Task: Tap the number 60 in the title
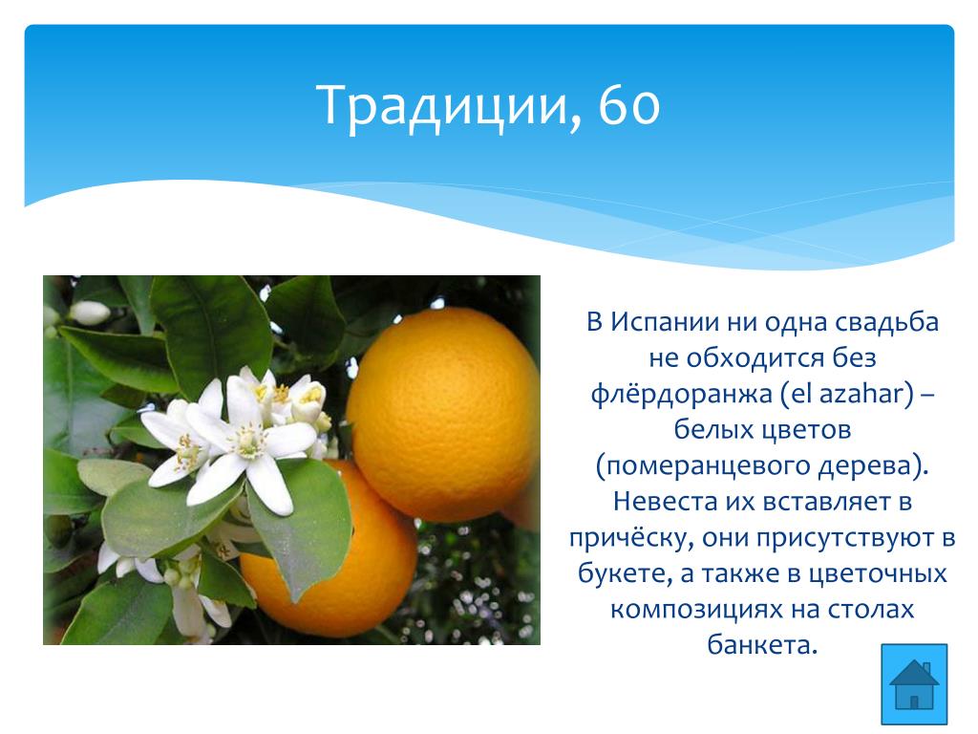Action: tap(628, 105)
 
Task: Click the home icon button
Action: tap(914, 684)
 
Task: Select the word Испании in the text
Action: tap(665, 322)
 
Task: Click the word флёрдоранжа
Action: tap(682, 394)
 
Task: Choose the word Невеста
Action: tap(665, 501)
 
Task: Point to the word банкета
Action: tap(761, 645)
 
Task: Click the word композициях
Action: tap(696, 609)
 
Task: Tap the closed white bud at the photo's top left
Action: tap(89, 313)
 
